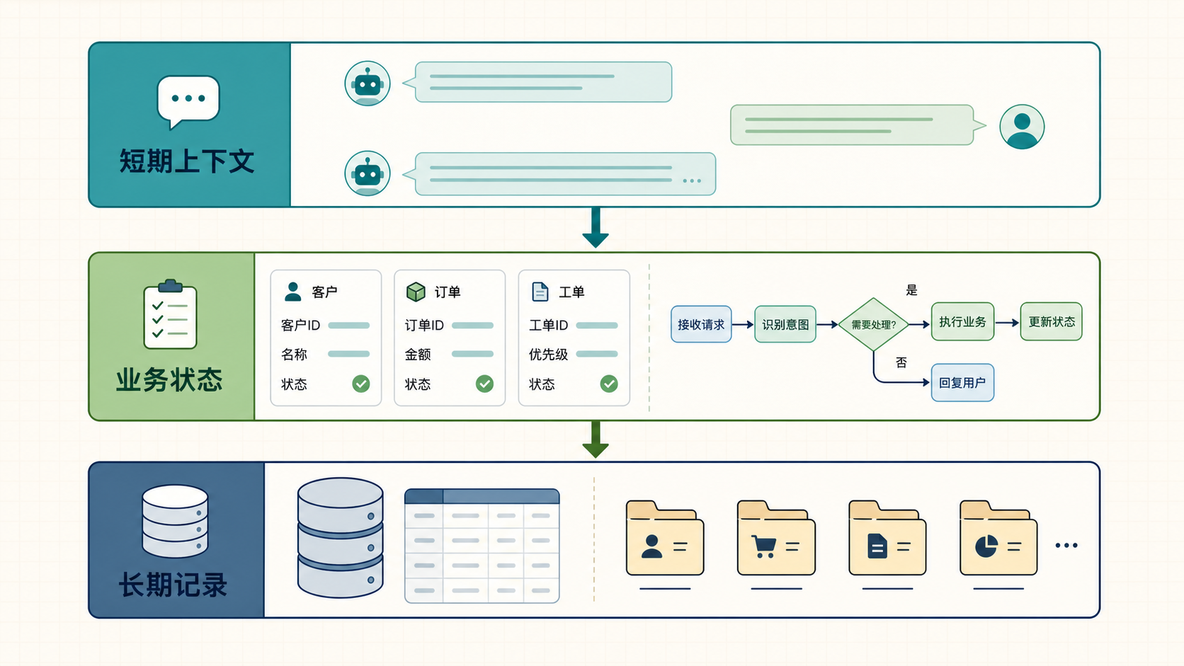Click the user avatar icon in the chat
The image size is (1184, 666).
click(x=1022, y=127)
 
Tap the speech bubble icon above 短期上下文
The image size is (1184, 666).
click(x=188, y=101)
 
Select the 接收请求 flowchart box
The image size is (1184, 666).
click(x=701, y=324)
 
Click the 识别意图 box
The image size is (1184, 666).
click(x=785, y=324)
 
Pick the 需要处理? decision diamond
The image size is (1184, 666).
click(x=873, y=324)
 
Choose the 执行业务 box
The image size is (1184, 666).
click(x=962, y=321)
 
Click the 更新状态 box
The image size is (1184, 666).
click(x=1051, y=321)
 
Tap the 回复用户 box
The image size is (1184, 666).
click(x=962, y=382)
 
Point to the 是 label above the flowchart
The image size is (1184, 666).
click(x=911, y=290)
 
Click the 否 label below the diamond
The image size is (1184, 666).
click(x=901, y=362)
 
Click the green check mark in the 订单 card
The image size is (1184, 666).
click(x=484, y=384)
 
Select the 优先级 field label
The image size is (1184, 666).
click(x=548, y=355)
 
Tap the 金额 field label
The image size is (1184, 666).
click(x=418, y=355)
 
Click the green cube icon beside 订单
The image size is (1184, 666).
click(x=416, y=292)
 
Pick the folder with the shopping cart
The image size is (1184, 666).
click(x=776, y=538)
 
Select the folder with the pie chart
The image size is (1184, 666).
click(x=998, y=538)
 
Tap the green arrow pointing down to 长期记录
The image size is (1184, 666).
click(x=596, y=440)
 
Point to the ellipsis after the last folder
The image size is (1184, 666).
click(x=1066, y=546)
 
